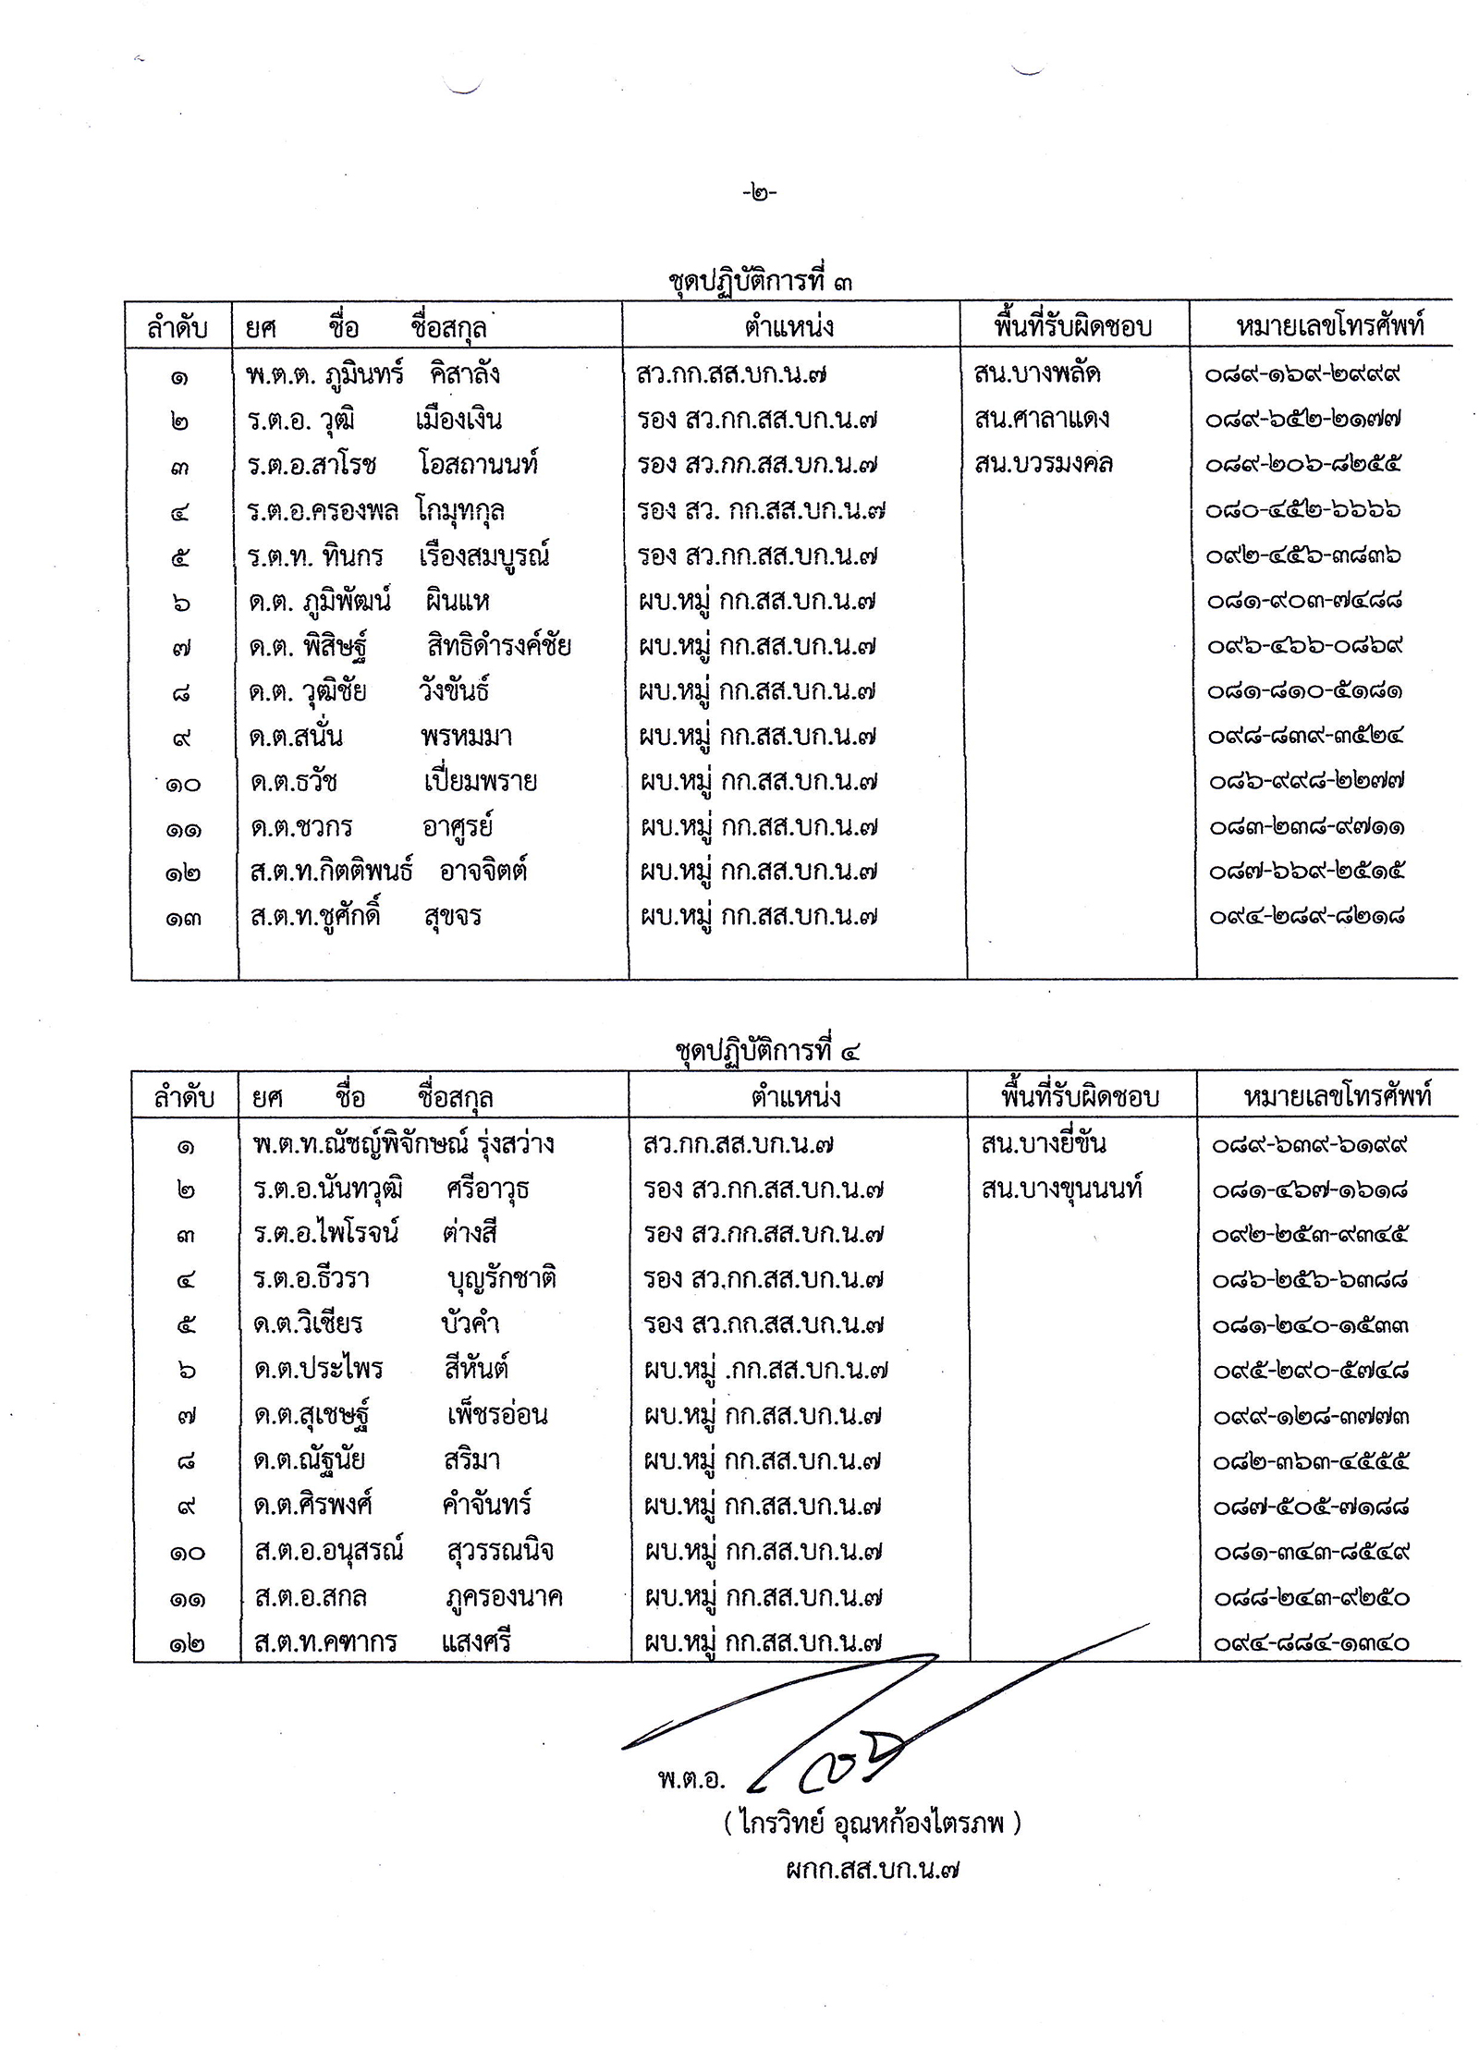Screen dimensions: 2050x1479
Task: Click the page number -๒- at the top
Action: tap(759, 192)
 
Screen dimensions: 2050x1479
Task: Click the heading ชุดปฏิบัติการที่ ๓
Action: tap(760, 280)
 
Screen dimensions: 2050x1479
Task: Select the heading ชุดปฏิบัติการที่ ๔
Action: tap(768, 1051)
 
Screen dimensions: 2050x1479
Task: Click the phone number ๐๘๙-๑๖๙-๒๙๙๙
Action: tap(1303, 374)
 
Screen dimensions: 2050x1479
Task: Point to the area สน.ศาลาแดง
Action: tap(1042, 419)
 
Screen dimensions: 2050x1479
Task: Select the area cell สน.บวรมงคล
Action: tap(1044, 463)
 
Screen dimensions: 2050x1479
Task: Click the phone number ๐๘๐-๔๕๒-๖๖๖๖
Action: tap(1303, 509)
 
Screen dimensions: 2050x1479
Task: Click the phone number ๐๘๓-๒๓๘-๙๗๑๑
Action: tap(1306, 826)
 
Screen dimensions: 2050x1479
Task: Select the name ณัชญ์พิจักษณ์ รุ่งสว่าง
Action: tap(404, 1144)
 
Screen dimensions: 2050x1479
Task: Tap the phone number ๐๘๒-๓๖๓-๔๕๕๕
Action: tap(1311, 1461)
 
